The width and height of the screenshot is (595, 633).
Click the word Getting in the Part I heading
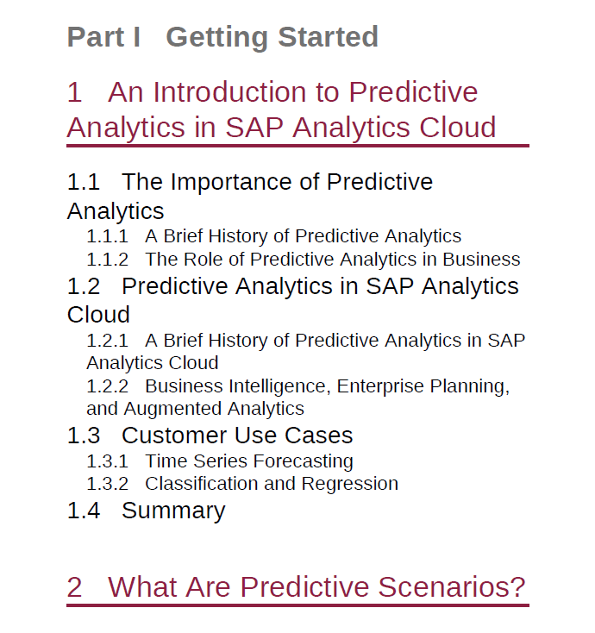point(216,38)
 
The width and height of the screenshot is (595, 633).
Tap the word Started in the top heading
point(328,37)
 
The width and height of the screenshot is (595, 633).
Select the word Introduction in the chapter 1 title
point(229,92)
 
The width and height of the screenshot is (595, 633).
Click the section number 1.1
point(83,182)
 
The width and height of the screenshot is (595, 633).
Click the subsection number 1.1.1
point(108,236)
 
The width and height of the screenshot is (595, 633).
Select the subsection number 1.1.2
point(108,260)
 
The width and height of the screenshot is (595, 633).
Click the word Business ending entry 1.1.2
point(481,260)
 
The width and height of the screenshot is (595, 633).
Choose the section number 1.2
point(83,286)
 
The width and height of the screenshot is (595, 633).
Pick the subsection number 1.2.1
point(108,341)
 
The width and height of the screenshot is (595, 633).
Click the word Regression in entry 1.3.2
point(350,484)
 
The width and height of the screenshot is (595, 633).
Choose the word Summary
point(173,511)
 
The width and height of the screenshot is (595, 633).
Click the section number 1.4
point(83,511)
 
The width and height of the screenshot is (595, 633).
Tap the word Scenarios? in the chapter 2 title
point(451,586)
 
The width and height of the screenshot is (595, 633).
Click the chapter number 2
point(74,587)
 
